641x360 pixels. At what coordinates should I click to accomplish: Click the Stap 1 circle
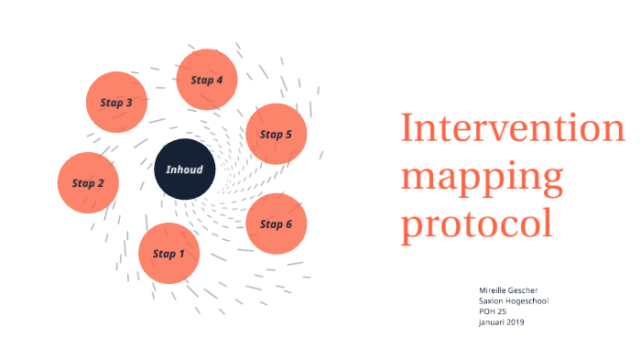coord(169,253)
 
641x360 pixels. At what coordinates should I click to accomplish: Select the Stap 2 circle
coord(89,182)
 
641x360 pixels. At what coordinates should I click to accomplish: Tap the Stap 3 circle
coord(116,102)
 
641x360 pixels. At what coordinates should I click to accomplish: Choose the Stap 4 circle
coord(207,79)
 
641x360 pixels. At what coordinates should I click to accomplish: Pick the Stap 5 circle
coord(276,134)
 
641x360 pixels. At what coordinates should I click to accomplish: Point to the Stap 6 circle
coord(276,224)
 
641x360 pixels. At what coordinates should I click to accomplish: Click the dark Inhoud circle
coord(184,169)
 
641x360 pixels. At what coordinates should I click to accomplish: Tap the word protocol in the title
coord(476,223)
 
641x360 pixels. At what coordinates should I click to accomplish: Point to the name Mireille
coord(494,289)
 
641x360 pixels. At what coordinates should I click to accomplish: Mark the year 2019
coord(516,322)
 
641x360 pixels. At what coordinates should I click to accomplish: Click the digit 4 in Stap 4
coord(220,79)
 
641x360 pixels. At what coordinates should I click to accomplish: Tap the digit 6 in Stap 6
coord(288,224)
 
